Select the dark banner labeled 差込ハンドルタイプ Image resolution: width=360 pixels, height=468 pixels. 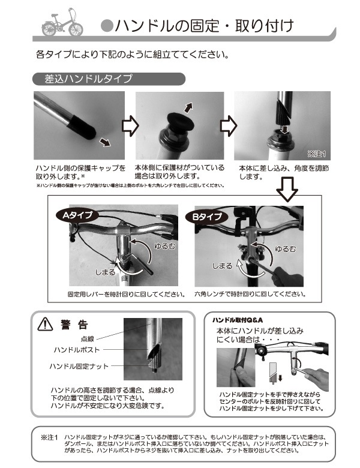(x=108, y=79)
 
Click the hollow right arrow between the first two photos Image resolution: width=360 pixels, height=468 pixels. (x=130, y=127)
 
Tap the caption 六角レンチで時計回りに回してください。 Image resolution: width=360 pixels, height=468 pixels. (x=250, y=295)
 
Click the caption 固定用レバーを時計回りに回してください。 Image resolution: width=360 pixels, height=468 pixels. (x=125, y=295)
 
